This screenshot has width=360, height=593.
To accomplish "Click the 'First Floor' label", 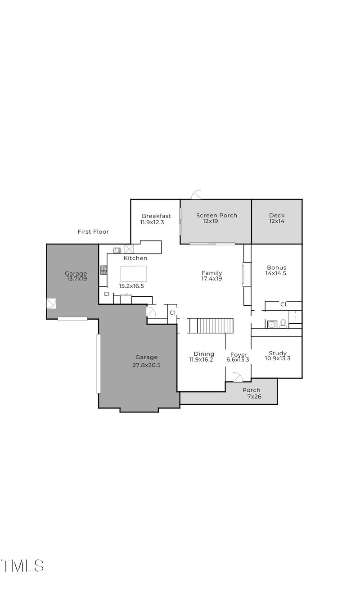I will tap(93, 232).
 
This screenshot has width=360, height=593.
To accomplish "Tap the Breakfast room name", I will tap(156, 216).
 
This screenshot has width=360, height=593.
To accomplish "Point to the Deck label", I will tap(277, 215).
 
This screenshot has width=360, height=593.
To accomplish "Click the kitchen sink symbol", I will tap(117, 250).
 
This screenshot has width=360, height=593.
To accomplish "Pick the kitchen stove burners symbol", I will tap(103, 270).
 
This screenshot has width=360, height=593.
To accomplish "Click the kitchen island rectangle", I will tap(133, 274).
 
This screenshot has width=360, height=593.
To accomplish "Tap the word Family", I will tap(211, 273).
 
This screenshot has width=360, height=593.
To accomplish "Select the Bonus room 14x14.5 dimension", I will tap(276, 273).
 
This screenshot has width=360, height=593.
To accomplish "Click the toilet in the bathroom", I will tap(283, 323).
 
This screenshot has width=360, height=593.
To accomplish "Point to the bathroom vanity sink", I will tap(271, 324).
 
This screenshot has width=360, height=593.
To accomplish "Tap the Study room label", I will tap(278, 353).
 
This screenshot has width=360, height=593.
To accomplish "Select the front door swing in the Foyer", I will tap(238, 377).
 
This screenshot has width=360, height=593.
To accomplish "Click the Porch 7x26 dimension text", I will tap(254, 397).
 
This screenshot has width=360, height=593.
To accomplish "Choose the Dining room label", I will tap(204, 354).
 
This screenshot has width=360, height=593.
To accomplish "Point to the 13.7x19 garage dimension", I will tap(76, 279).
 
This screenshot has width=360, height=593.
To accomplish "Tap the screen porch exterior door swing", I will tap(197, 195).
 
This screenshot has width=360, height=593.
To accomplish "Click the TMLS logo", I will tap(22, 566).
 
